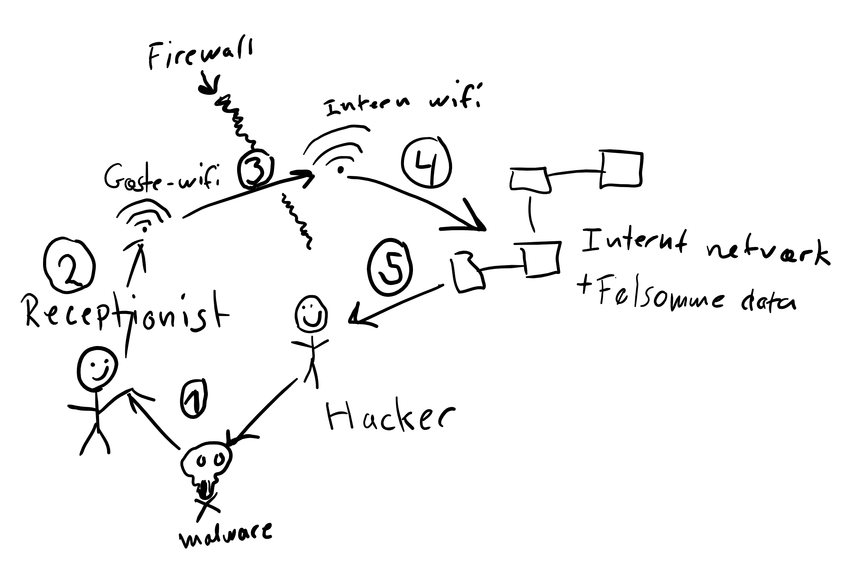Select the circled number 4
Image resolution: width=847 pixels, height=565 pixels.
pyautogui.click(x=426, y=162)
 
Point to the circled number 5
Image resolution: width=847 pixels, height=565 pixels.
pyautogui.click(x=390, y=267)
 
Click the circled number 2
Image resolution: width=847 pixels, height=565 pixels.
pyautogui.click(x=69, y=265)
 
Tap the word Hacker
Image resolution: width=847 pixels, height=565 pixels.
pyautogui.click(x=389, y=417)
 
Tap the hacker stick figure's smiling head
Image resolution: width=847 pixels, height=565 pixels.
pyautogui.click(x=311, y=313)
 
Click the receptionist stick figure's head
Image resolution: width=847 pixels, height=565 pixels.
pyautogui.click(x=97, y=369)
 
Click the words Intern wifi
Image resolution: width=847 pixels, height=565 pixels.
pyautogui.click(x=402, y=101)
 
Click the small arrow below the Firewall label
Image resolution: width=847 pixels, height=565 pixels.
pyautogui.click(x=208, y=85)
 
